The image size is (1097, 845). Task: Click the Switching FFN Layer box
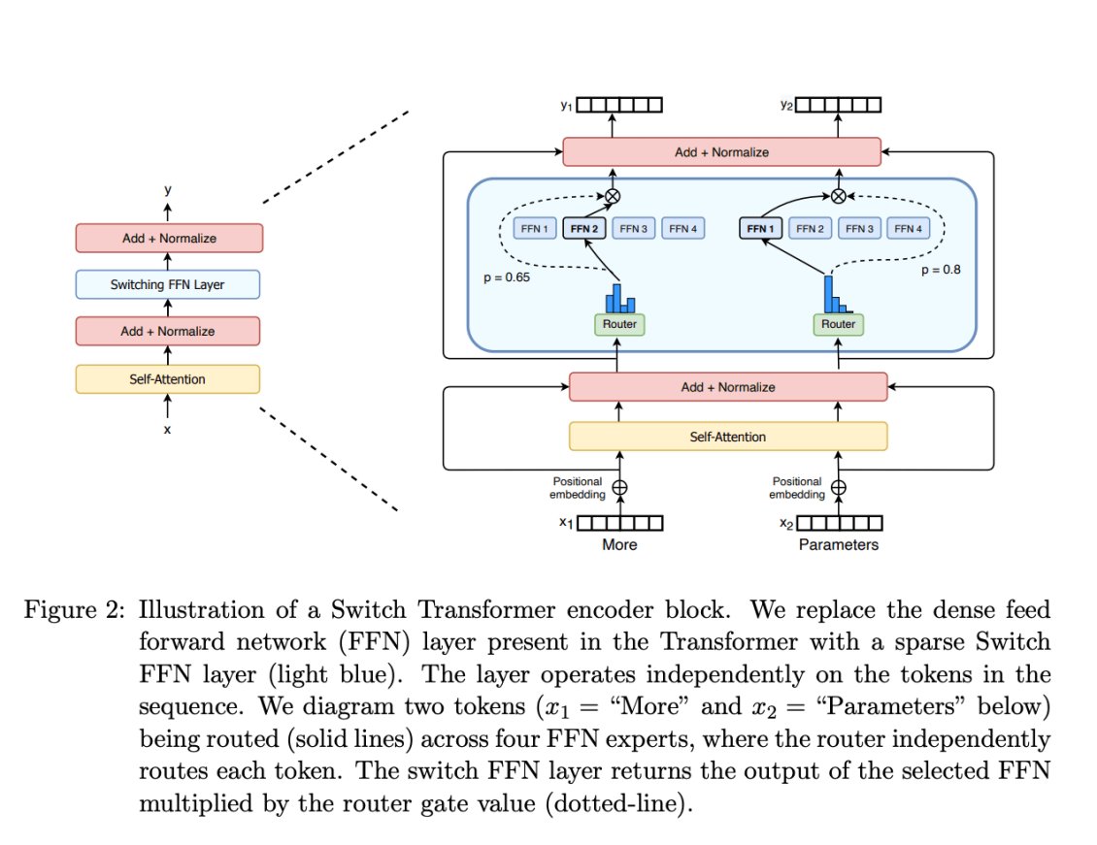[167, 285]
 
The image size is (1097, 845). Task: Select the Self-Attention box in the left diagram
[167, 379]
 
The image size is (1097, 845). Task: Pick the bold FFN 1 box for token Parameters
[760, 229]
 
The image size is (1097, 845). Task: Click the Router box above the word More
[619, 324]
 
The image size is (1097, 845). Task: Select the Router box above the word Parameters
[838, 324]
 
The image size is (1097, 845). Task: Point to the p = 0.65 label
[507, 277]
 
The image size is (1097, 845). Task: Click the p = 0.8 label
[940, 270]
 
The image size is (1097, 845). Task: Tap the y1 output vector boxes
[619, 105]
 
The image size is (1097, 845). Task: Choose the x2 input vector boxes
[839, 523]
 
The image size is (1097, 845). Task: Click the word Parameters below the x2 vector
[838, 545]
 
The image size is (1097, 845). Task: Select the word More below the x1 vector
[619, 545]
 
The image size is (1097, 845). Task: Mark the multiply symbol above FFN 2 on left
[613, 196]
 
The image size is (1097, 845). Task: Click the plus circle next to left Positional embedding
[618, 488]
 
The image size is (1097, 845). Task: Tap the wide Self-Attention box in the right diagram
[727, 437]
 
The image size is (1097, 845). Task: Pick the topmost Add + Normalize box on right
[721, 152]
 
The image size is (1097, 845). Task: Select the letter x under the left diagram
[167, 428]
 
